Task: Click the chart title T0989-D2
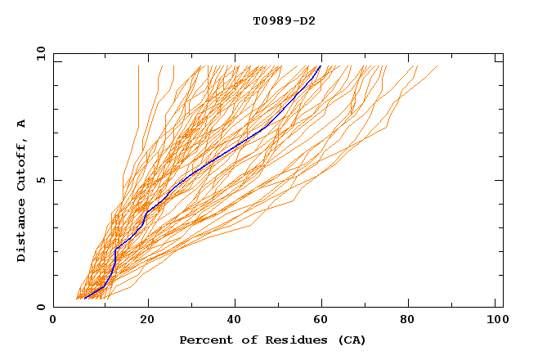click(284, 20)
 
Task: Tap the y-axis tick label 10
click(40, 53)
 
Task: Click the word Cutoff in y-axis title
click(22, 166)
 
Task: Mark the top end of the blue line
click(321, 65)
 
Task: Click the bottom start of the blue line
click(85, 299)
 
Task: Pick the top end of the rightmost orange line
click(437, 65)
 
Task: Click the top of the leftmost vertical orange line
click(139, 65)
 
